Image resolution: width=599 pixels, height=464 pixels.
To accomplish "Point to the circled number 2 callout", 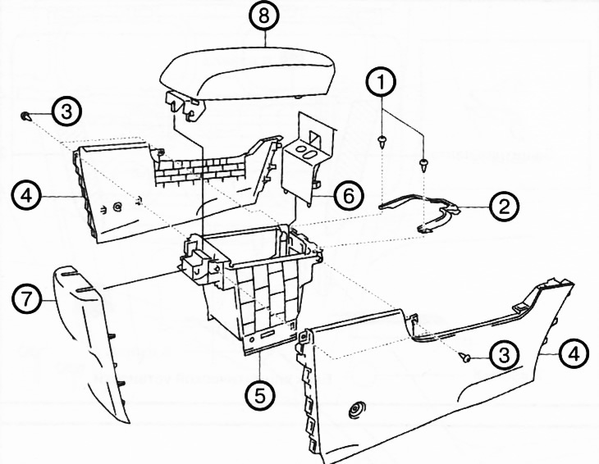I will pyautogui.click(x=500, y=205).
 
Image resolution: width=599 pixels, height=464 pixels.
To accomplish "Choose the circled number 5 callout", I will pyautogui.click(x=259, y=395).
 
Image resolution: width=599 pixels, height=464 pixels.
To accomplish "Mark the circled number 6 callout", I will pyautogui.click(x=348, y=195).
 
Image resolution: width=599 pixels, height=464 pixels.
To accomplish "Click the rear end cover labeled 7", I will pyautogui.click(x=94, y=344).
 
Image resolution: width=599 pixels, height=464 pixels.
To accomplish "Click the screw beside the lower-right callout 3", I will pyautogui.click(x=465, y=357).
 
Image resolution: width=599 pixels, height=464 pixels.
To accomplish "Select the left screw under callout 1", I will pyautogui.click(x=382, y=142).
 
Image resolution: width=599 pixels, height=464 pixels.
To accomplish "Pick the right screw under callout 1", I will pyautogui.click(x=423, y=163).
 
